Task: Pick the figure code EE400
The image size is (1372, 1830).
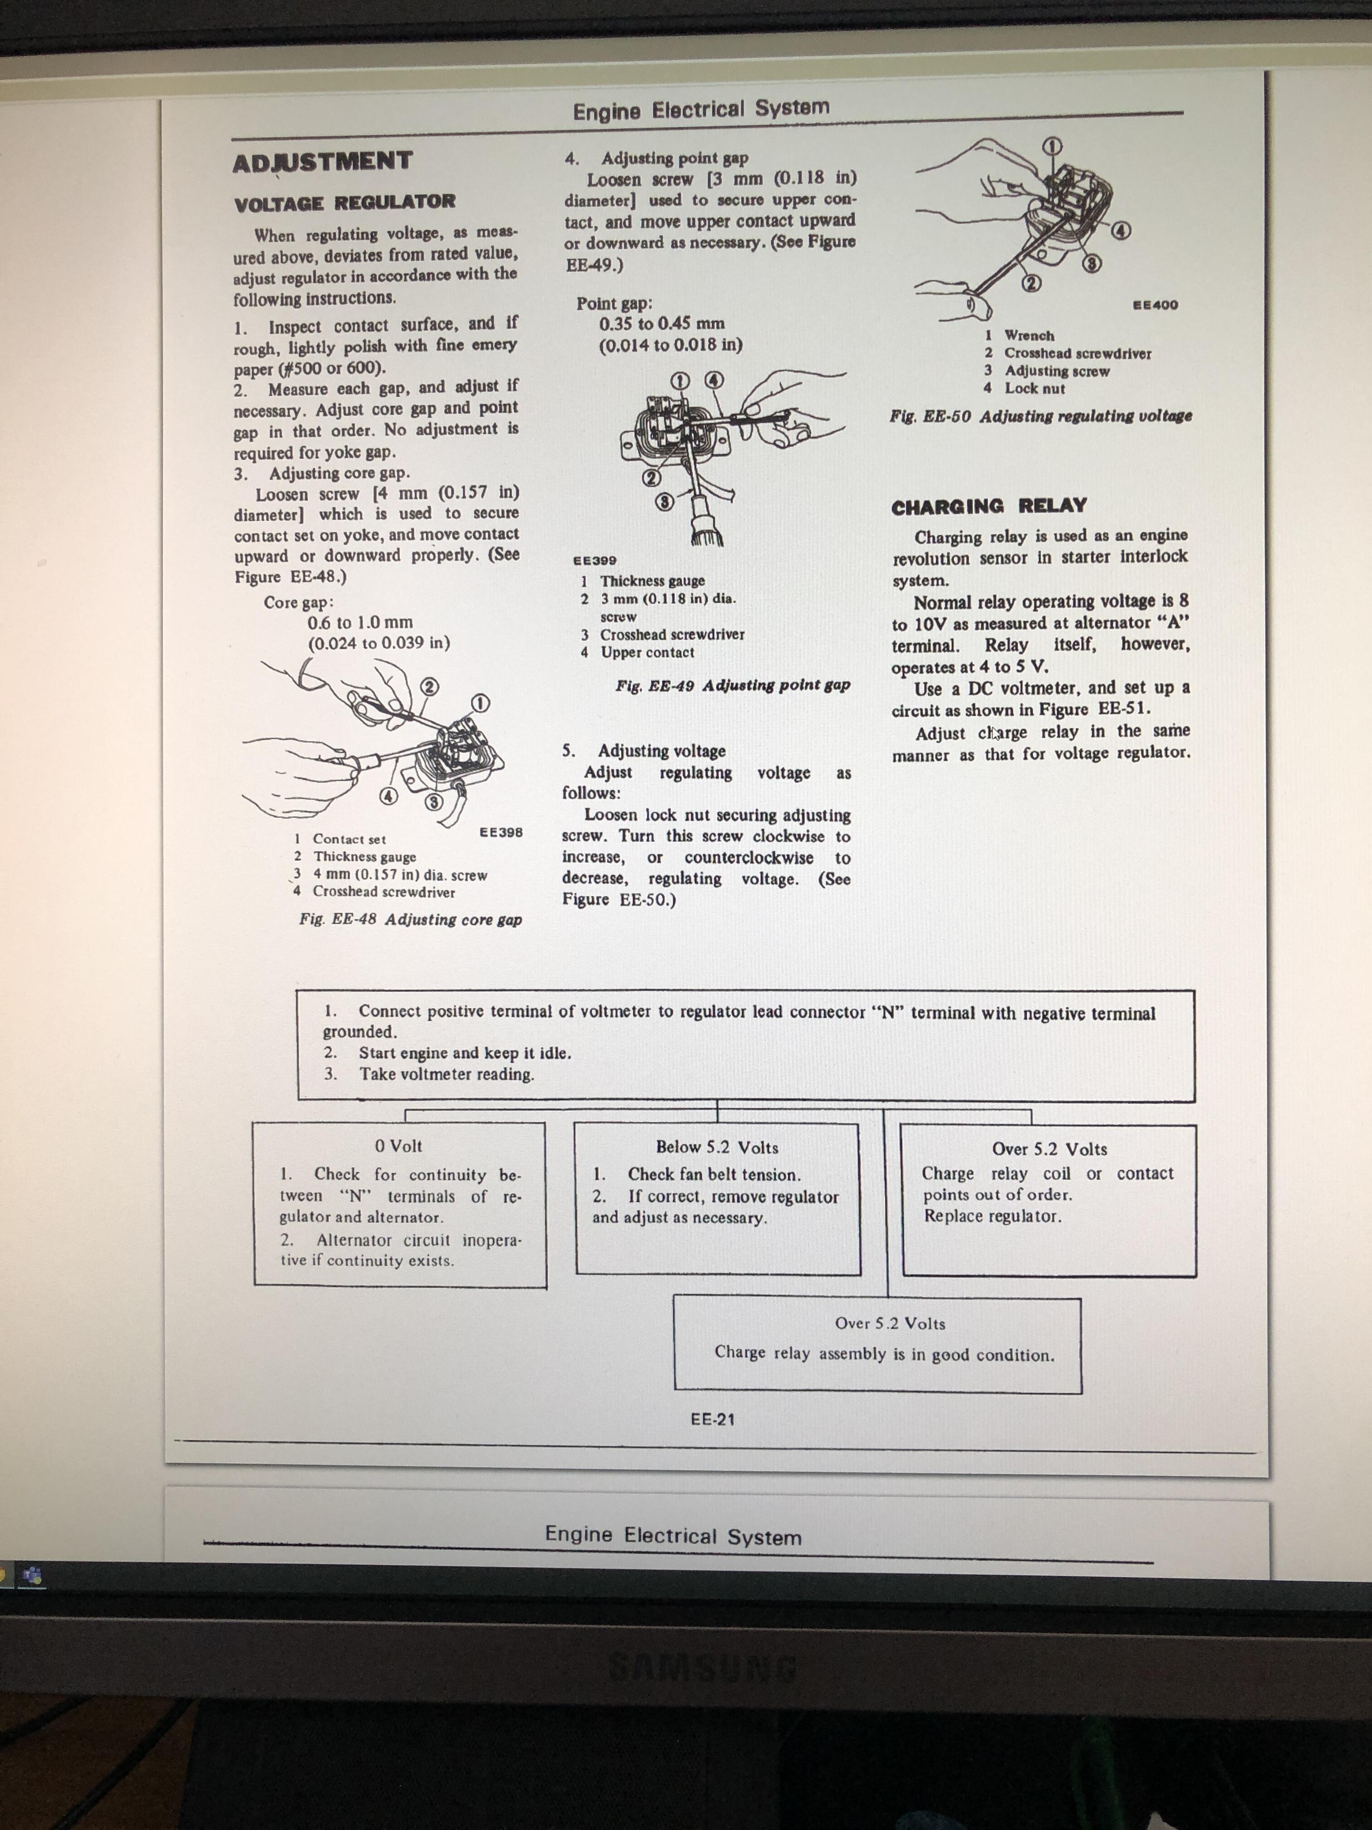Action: (1155, 305)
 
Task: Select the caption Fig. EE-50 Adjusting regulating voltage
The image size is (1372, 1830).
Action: (1040, 416)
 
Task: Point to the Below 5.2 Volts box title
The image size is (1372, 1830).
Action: (716, 1147)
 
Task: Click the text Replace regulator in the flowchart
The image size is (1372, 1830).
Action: (992, 1216)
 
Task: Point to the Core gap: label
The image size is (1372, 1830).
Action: (299, 602)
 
